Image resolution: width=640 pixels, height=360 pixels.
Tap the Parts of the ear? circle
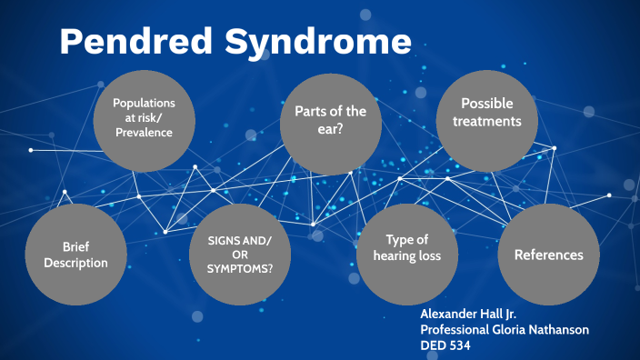329,124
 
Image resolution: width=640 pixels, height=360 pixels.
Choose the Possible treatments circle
491,113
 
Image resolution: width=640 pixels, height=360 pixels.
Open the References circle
548,255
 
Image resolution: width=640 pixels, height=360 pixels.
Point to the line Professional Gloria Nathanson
505,329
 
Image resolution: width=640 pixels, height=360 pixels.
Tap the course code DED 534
448,345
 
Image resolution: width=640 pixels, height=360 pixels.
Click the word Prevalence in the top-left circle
143,133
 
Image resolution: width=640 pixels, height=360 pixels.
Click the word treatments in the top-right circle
491,120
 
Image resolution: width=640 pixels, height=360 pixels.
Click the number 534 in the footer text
464,345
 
